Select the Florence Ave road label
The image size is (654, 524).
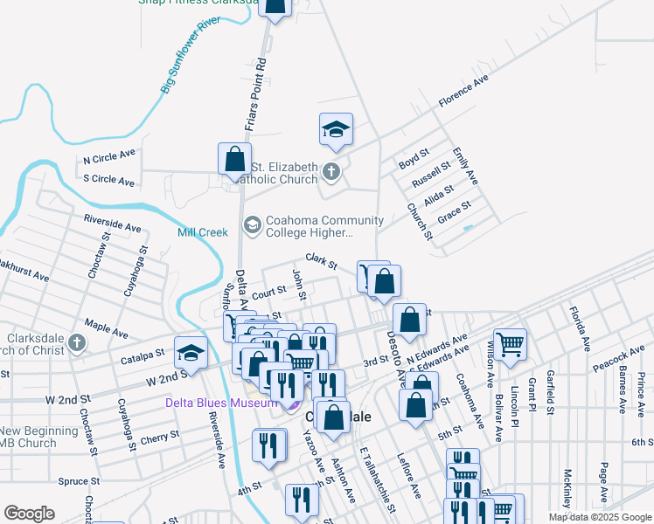[x=463, y=92]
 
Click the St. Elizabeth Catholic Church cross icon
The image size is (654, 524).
[x=330, y=172]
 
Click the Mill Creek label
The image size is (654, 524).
[x=202, y=232]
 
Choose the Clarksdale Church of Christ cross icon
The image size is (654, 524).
[x=76, y=343]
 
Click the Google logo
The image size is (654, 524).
[x=29, y=514]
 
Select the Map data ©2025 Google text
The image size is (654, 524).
[x=599, y=517]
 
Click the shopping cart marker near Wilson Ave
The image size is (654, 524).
[x=510, y=343]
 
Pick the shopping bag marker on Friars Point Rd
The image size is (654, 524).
[x=234, y=159]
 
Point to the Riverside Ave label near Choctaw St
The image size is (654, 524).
[x=112, y=224]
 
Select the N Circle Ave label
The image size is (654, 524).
[x=109, y=159]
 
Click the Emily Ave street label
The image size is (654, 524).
[x=466, y=166]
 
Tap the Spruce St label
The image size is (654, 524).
[x=80, y=481]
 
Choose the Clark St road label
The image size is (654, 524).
[x=321, y=261]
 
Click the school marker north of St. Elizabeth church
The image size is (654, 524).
[x=336, y=129]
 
